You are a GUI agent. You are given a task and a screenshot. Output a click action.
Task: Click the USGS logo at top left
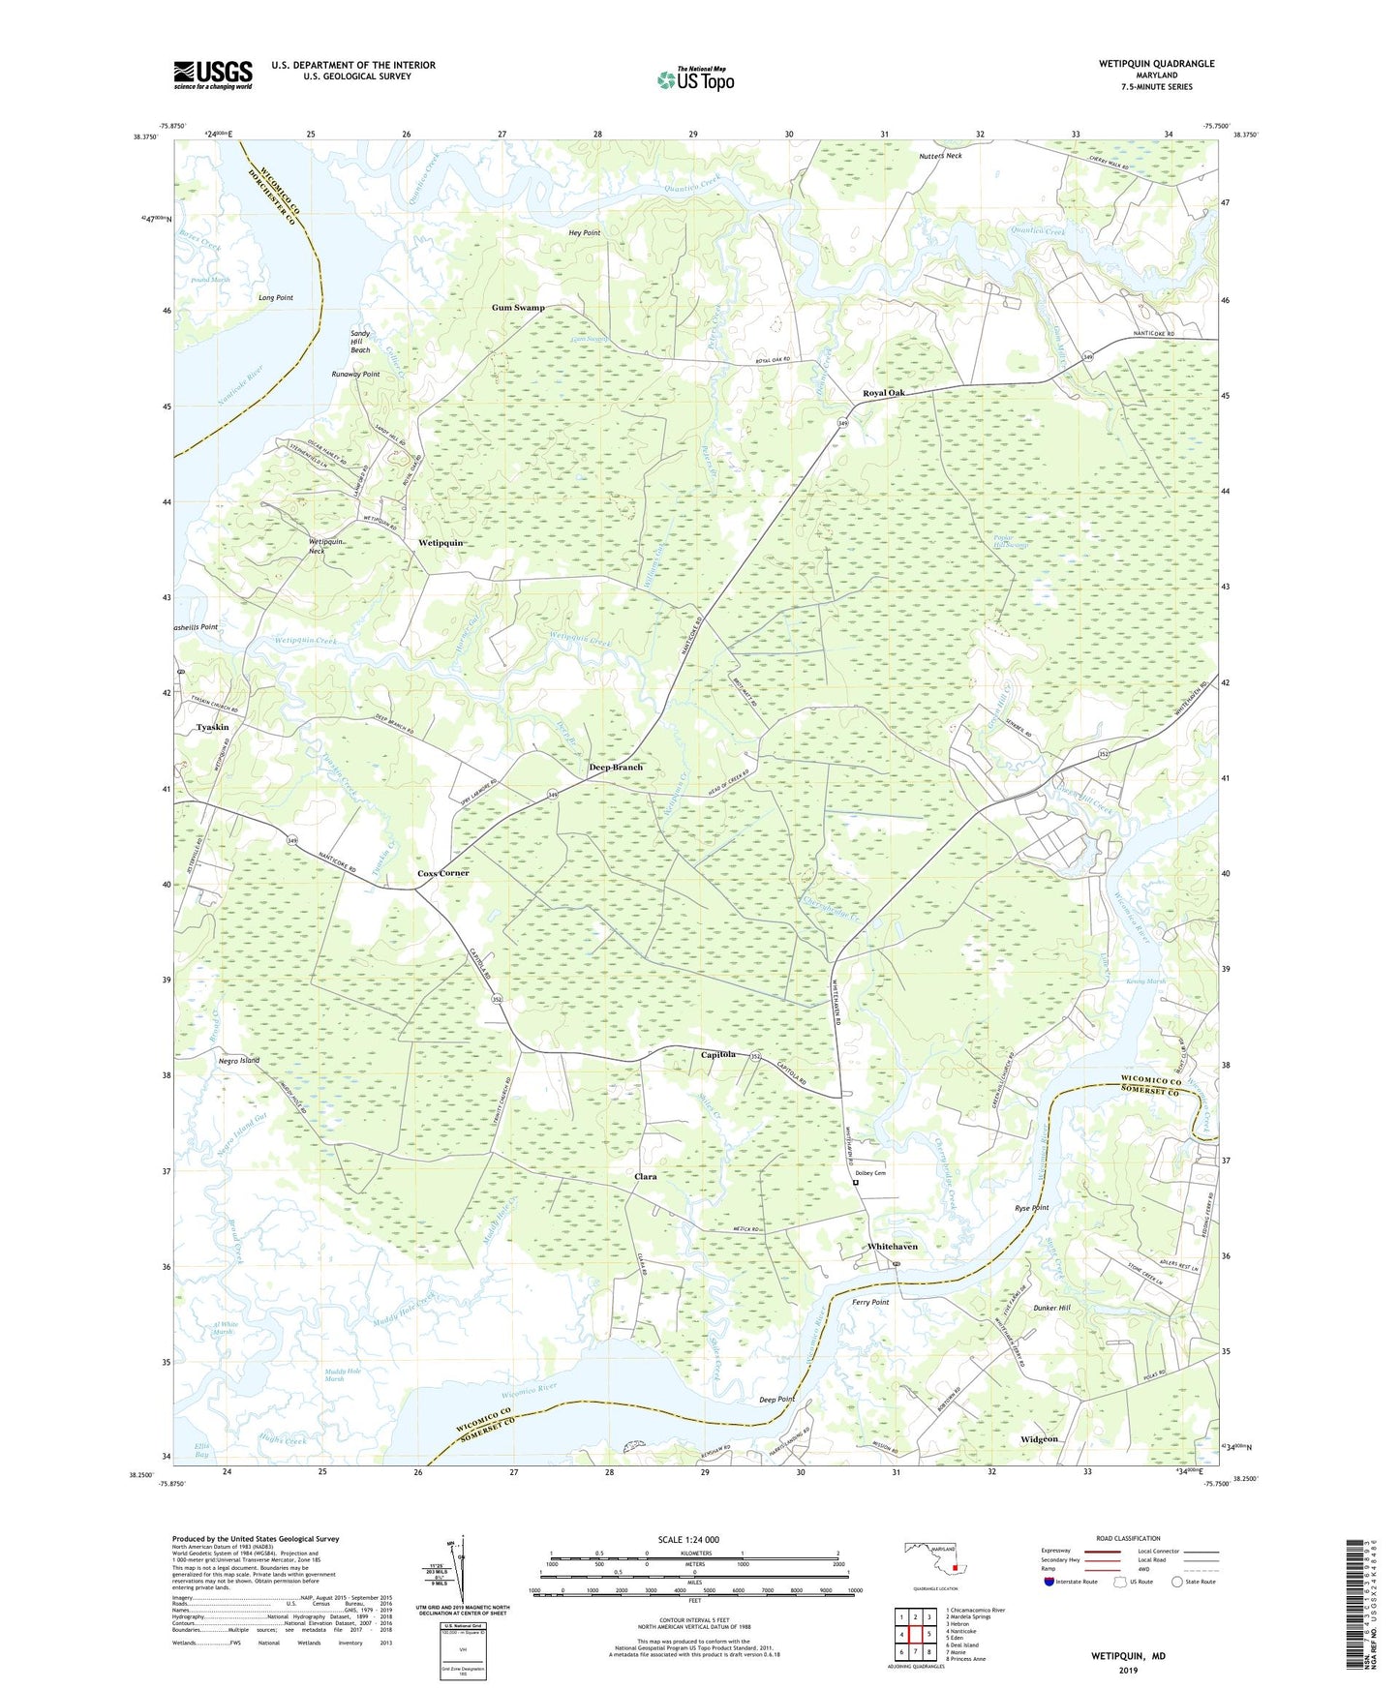213,74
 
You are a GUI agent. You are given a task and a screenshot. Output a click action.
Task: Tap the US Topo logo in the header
695,79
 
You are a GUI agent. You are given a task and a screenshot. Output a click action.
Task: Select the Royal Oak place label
884,393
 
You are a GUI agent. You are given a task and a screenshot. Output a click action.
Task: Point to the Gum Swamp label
518,308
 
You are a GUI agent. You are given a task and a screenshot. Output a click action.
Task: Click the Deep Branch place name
616,768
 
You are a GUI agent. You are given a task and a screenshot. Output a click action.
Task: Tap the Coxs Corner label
443,873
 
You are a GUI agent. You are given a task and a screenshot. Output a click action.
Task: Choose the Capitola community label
718,1054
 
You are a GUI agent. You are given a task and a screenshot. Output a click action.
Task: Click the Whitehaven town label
892,1247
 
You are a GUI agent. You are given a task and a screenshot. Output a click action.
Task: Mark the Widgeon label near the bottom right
1040,1439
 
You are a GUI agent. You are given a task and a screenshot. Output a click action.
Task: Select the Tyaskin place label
213,727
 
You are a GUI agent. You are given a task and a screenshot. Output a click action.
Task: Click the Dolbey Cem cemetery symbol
855,1182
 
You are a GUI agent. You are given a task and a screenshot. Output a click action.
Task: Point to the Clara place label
645,1177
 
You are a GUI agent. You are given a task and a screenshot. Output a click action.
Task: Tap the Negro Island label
239,1061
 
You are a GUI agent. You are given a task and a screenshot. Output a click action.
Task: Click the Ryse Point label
1032,1208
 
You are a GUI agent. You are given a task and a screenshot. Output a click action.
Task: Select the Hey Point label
585,233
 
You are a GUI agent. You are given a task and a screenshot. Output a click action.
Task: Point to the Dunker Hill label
1050,1309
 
